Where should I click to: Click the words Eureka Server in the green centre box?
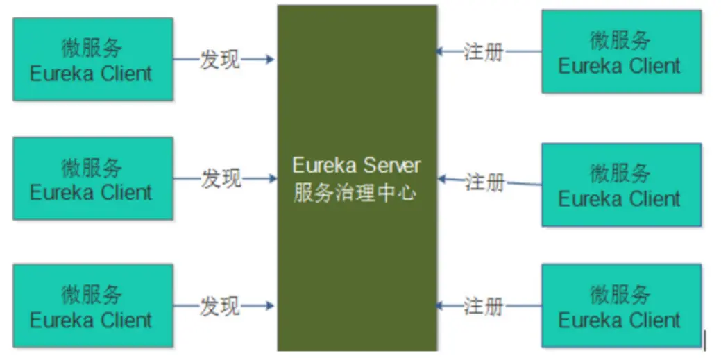pyautogui.click(x=357, y=166)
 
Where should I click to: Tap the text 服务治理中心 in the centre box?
pyautogui.click(x=355, y=191)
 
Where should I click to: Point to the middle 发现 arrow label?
pyautogui.click(x=221, y=179)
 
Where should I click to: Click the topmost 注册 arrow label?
pyautogui.click(x=484, y=52)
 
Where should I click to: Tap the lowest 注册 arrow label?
pyautogui.click(x=484, y=305)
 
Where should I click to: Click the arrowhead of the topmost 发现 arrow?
pyautogui.click(x=271, y=60)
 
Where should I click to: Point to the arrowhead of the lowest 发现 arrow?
pyautogui.click(x=271, y=305)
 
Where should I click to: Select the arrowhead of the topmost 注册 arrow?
pyautogui.click(x=441, y=51)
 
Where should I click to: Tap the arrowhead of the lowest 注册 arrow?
pyautogui.click(x=441, y=305)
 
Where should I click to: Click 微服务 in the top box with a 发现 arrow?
pyautogui.click(x=92, y=47)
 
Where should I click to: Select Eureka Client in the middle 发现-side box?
pyautogui.click(x=91, y=192)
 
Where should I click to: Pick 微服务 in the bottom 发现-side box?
pyautogui.click(x=92, y=294)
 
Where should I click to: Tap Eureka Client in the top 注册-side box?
pyautogui.click(x=620, y=66)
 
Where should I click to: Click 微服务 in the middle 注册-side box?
pyautogui.click(x=620, y=172)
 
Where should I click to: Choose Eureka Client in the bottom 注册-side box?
pyautogui.click(x=620, y=320)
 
